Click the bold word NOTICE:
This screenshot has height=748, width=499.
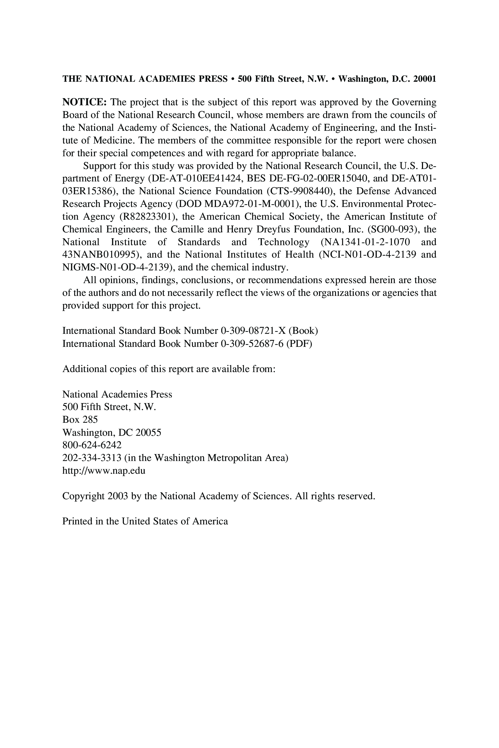click(x=84, y=103)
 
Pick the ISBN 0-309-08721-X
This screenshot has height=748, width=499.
click(x=253, y=331)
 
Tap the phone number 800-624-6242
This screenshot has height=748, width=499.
click(x=92, y=445)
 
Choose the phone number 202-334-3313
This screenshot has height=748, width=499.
click(x=92, y=458)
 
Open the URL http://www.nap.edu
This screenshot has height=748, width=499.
click(x=104, y=470)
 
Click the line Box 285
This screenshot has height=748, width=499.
click(x=80, y=419)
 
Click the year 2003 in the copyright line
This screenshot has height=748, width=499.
click(x=118, y=496)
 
